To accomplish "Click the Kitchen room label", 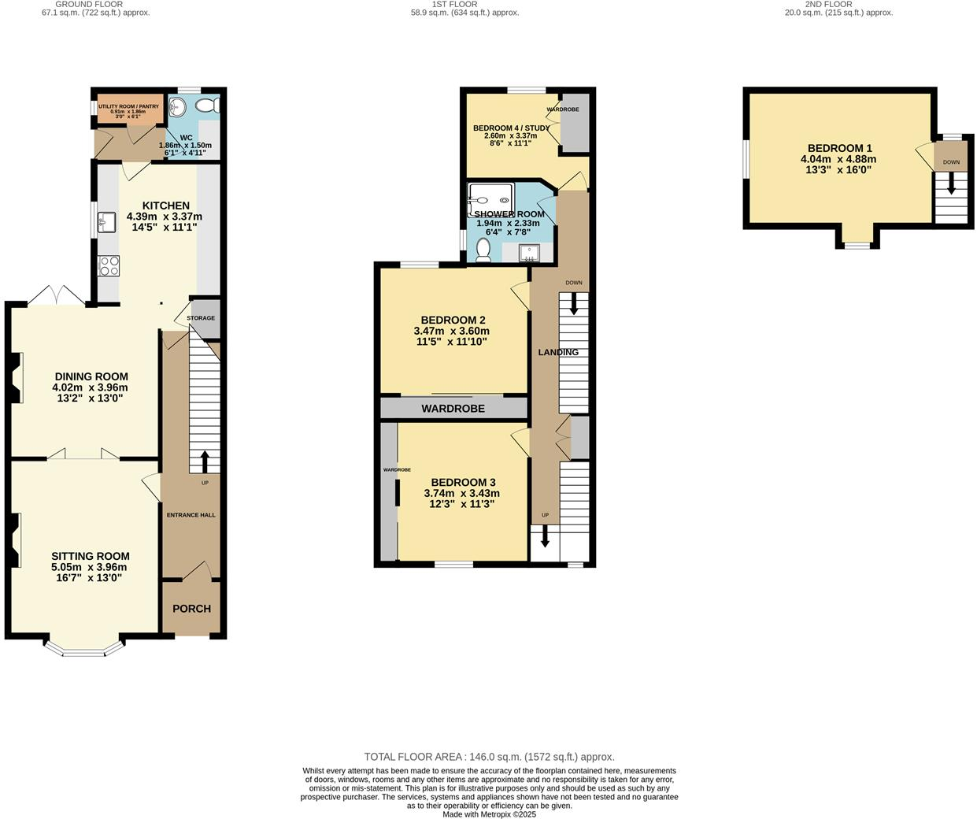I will click(x=165, y=206).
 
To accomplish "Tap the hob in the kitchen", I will click(x=109, y=266).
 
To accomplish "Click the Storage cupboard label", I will click(x=201, y=318).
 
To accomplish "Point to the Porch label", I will click(x=191, y=609).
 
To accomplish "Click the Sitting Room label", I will click(x=91, y=556).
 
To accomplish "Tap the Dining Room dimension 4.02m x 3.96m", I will click(x=90, y=387).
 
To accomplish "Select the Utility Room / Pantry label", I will click(x=128, y=106).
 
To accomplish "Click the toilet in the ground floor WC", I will click(x=208, y=106).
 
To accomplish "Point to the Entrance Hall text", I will click(x=191, y=515).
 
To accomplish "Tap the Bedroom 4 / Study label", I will click(x=511, y=128).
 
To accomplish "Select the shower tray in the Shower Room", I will click(x=492, y=198).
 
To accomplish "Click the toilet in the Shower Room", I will click(x=483, y=250).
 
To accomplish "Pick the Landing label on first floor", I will click(x=558, y=352).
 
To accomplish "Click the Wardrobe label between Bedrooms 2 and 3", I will click(x=453, y=409).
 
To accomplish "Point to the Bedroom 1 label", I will click(x=839, y=148).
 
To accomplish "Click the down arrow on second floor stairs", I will click(x=951, y=186).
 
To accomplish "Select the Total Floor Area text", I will click(x=489, y=757).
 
